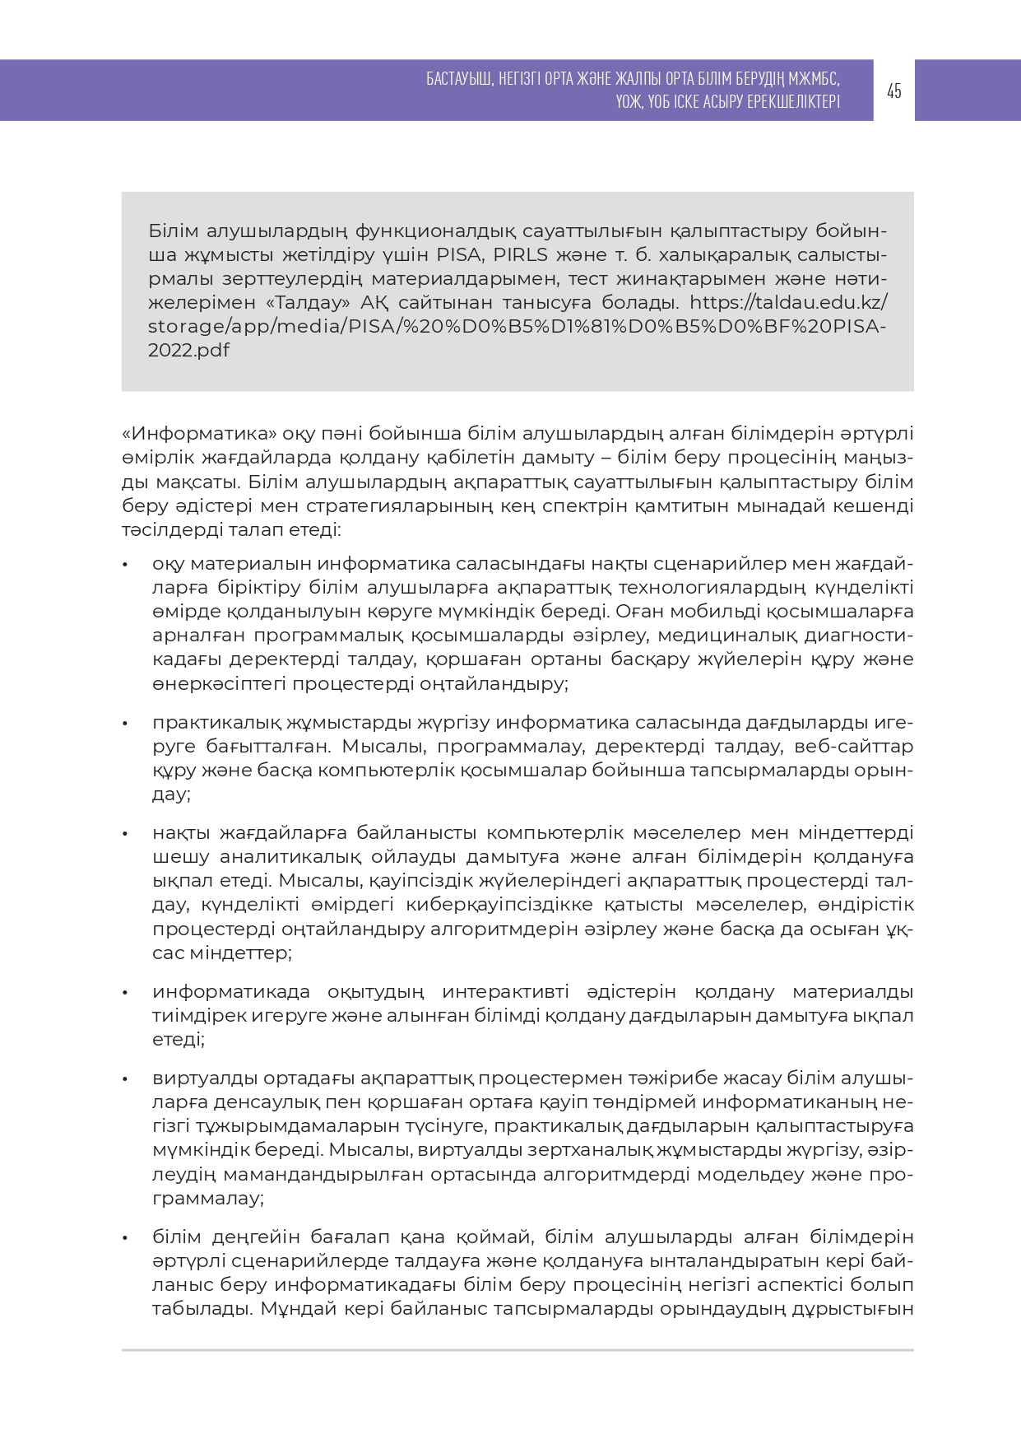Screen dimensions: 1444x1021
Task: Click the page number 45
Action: (894, 91)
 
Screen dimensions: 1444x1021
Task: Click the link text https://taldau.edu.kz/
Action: (788, 302)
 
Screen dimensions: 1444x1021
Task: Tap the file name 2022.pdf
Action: (188, 350)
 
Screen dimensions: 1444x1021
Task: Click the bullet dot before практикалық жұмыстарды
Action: (125, 724)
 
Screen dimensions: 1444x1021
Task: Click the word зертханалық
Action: (647, 1149)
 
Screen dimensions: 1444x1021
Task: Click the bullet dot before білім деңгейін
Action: (125, 1238)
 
